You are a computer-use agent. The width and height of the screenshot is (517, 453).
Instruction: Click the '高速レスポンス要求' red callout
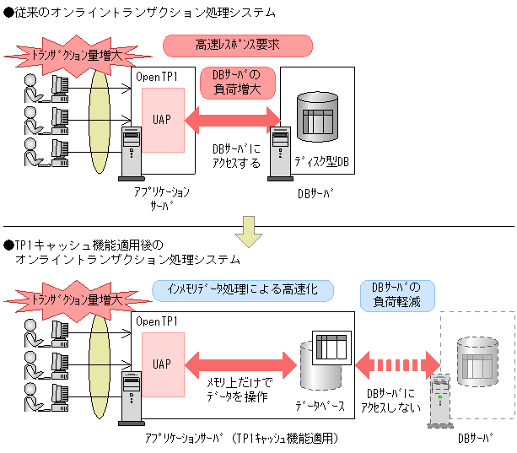tap(238, 46)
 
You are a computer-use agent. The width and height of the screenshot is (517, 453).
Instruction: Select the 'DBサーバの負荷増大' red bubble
tap(237, 83)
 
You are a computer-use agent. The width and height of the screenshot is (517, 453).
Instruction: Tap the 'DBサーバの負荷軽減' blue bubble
tap(397, 296)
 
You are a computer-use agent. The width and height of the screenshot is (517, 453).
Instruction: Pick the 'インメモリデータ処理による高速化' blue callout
tap(243, 290)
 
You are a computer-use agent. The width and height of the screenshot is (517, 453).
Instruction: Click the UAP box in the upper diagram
tap(163, 120)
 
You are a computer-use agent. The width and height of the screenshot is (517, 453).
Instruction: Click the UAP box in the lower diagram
tap(163, 364)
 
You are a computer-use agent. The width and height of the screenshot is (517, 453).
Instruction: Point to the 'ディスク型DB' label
tap(321, 162)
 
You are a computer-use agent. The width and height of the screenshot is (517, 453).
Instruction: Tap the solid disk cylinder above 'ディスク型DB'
tap(317, 116)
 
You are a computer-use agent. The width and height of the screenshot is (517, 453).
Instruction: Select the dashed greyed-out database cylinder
tap(477, 361)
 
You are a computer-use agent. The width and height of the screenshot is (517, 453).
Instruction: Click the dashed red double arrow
tap(397, 365)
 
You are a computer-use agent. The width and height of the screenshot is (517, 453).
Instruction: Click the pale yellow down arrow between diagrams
tap(249, 232)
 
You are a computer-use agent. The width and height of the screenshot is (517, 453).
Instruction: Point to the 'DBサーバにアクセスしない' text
tap(390, 401)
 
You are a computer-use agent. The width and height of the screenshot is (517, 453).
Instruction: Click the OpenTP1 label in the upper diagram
tap(157, 77)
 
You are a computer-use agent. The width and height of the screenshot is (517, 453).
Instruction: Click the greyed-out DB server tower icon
tap(440, 402)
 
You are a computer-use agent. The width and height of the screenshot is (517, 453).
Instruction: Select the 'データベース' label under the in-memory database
tap(320, 406)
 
